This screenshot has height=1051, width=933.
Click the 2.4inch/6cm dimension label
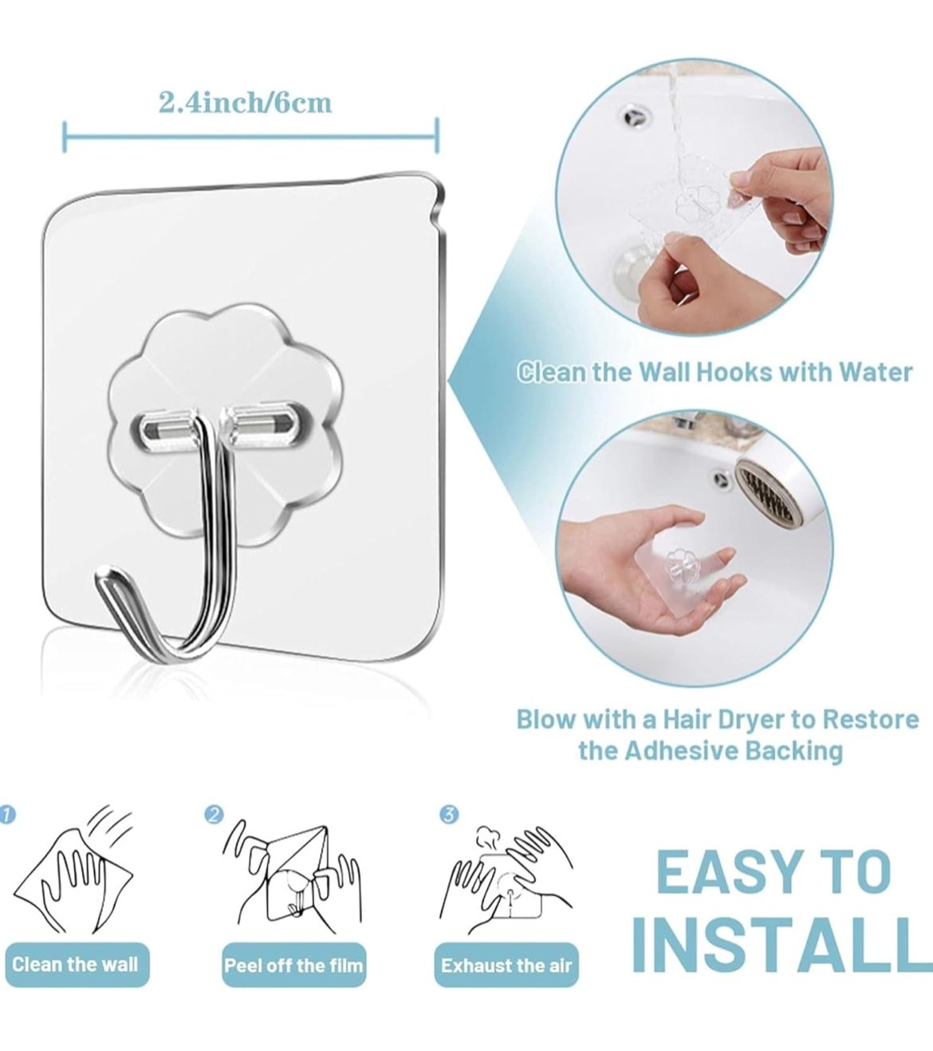pyautogui.click(x=245, y=103)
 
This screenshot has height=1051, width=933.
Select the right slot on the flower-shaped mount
pyautogui.click(x=266, y=416)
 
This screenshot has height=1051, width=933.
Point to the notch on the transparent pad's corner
pyautogui.click(x=439, y=215)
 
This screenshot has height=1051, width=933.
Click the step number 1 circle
pyautogui.click(x=6, y=814)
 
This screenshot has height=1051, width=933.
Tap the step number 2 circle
pyautogui.click(x=214, y=814)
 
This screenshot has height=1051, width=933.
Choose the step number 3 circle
pyautogui.click(x=449, y=814)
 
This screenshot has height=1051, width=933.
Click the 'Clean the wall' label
pyautogui.click(x=76, y=964)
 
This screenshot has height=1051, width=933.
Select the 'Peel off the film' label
pyautogui.click(x=293, y=966)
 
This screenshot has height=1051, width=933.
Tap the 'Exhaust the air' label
pyautogui.click(x=506, y=966)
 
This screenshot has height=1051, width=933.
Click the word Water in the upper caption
pyautogui.click(x=876, y=372)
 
